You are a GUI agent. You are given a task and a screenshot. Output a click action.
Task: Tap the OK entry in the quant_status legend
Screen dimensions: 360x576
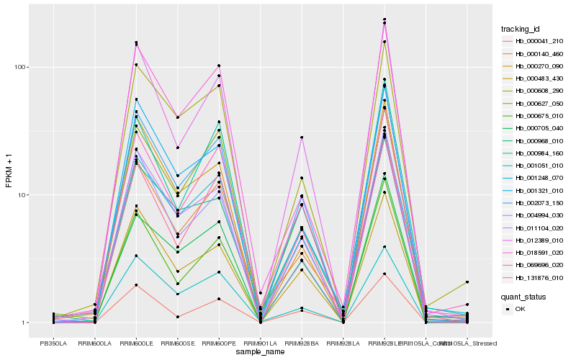(x=520, y=308)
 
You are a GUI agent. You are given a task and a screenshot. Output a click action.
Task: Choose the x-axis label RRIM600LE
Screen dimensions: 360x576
(x=136, y=343)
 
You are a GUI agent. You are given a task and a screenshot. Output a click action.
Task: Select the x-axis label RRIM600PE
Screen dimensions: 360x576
(x=219, y=343)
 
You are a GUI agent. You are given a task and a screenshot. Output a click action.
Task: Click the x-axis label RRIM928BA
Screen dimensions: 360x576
(x=302, y=343)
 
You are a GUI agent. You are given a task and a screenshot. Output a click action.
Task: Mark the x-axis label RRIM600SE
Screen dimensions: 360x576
(x=177, y=343)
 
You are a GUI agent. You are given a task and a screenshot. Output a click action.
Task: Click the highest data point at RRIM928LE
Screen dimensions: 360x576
(x=384, y=19)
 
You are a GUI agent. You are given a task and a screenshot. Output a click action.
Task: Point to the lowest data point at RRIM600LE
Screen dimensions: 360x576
(x=136, y=285)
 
